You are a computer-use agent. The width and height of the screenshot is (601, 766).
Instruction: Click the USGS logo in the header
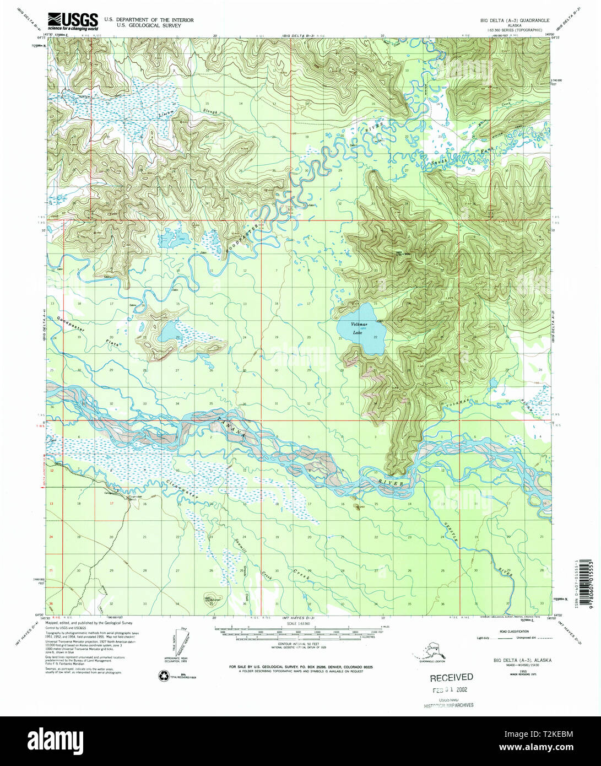tap(72, 21)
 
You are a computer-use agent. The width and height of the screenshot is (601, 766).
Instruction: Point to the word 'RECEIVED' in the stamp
tap(451, 677)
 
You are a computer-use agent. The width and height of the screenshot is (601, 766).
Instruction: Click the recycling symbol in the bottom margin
tap(164, 676)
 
